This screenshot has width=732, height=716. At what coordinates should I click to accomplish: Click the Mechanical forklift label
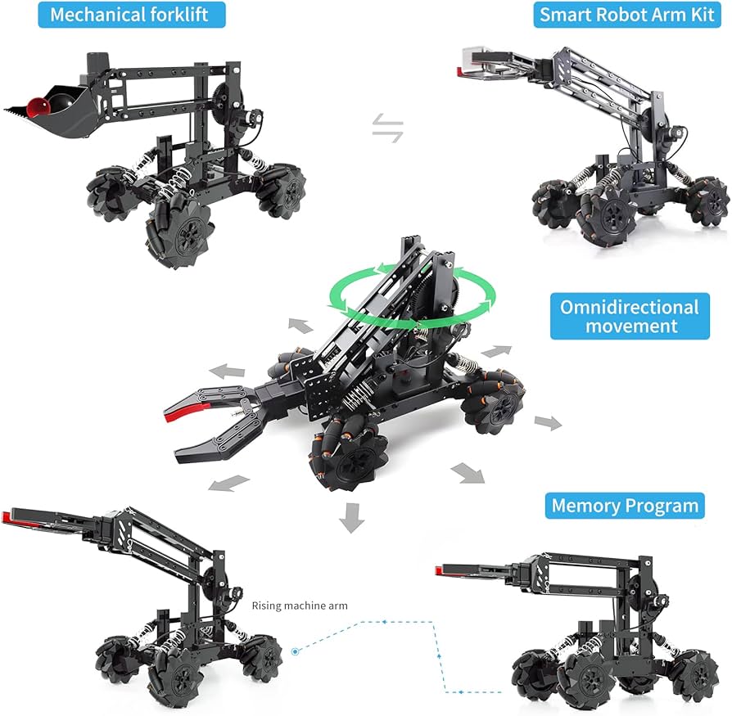131,15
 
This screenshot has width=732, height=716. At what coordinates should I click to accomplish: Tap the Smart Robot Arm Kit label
627,15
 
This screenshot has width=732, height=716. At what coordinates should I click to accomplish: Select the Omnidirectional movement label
630,316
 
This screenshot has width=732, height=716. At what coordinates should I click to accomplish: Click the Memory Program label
625,506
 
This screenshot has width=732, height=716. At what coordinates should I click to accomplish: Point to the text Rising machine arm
300,606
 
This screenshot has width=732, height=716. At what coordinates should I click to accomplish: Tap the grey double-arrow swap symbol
387,128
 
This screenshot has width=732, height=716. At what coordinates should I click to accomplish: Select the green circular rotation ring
413,295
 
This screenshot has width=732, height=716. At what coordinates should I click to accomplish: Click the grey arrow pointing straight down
351,518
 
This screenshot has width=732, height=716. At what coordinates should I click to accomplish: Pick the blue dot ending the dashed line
295,651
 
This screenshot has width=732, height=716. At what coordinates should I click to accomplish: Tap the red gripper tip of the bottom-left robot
6,517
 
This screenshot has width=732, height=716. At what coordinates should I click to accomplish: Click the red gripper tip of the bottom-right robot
440,570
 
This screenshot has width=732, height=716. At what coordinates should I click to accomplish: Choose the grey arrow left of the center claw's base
228,371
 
